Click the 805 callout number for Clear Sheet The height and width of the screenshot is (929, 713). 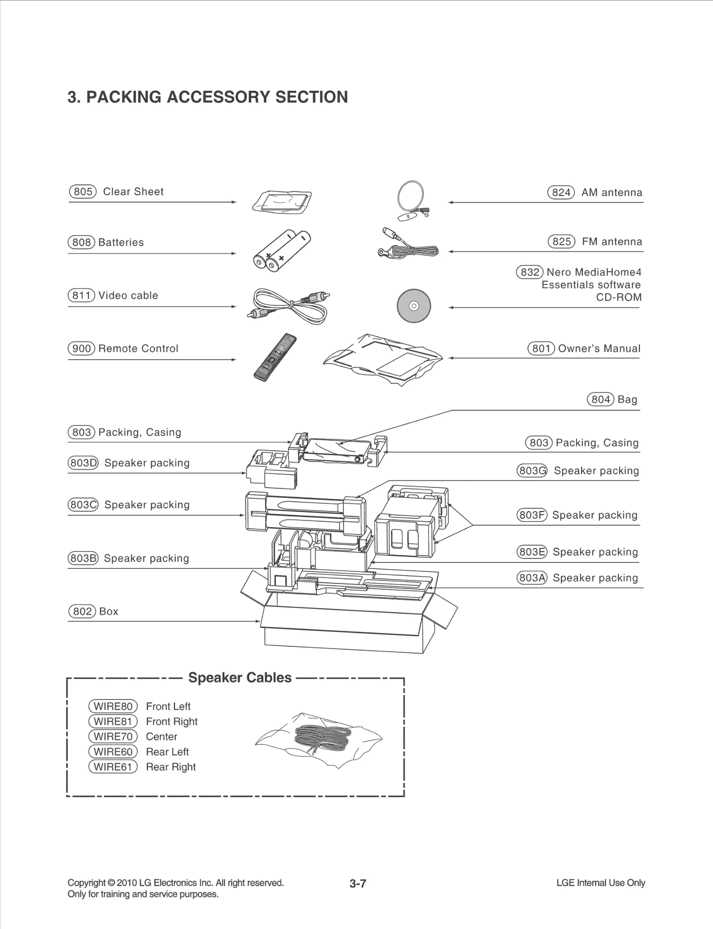click(x=83, y=192)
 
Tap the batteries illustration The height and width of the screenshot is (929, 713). click(x=282, y=252)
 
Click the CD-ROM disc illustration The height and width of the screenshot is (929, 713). click(x=414, y=306)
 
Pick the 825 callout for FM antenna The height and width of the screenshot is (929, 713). click(x=561, y=242)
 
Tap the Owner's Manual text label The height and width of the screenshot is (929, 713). click(x=599, y=349)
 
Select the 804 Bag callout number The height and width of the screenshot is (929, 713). click(x=600, y=399)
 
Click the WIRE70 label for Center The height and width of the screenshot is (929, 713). click(x=113, y=736)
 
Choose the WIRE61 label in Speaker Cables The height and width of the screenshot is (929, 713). click(x=113, y=767)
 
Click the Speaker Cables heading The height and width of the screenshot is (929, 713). click(x=240, y=678)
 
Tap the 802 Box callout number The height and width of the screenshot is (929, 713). click(x=82, y=611)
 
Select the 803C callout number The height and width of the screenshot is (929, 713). click(x=83, y=505)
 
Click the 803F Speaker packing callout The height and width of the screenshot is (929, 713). click(x=532, y=515)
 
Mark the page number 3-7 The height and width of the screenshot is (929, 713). click(x=358, y=884)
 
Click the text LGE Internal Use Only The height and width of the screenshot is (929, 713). click(x=600, y=883)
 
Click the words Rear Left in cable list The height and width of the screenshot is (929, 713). click(x=167, y=752)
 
